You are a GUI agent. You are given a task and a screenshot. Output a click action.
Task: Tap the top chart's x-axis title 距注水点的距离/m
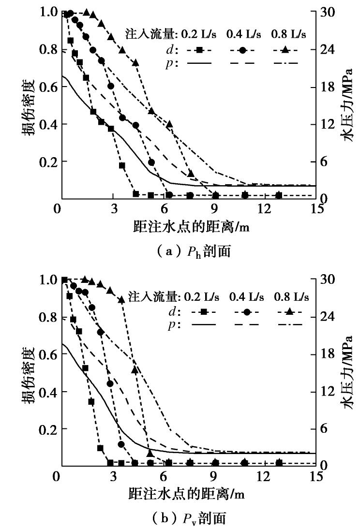point(188,226)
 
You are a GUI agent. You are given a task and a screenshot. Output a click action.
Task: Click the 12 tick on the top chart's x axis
point(264,209)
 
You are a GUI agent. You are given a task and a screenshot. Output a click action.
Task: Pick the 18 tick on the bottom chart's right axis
point(328,354)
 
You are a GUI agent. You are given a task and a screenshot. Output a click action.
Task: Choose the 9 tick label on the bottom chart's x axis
point(213,476)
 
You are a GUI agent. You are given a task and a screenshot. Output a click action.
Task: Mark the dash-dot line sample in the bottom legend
point(288,324)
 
